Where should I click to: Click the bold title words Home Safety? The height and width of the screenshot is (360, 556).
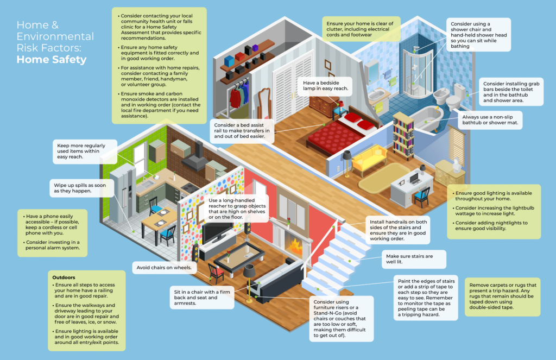pyautogui.click(x=52, y=60)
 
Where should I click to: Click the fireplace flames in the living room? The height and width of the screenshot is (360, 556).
pyautogui.click(x=294, y=247)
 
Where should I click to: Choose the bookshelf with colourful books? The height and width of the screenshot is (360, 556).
pyautogui.click(x=403, y=136)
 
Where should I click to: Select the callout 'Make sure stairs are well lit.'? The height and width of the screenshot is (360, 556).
pyautogui.click(x=407, y=260)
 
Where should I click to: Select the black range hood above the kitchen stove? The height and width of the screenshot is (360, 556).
pyautogui.click(x=197, y=158)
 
